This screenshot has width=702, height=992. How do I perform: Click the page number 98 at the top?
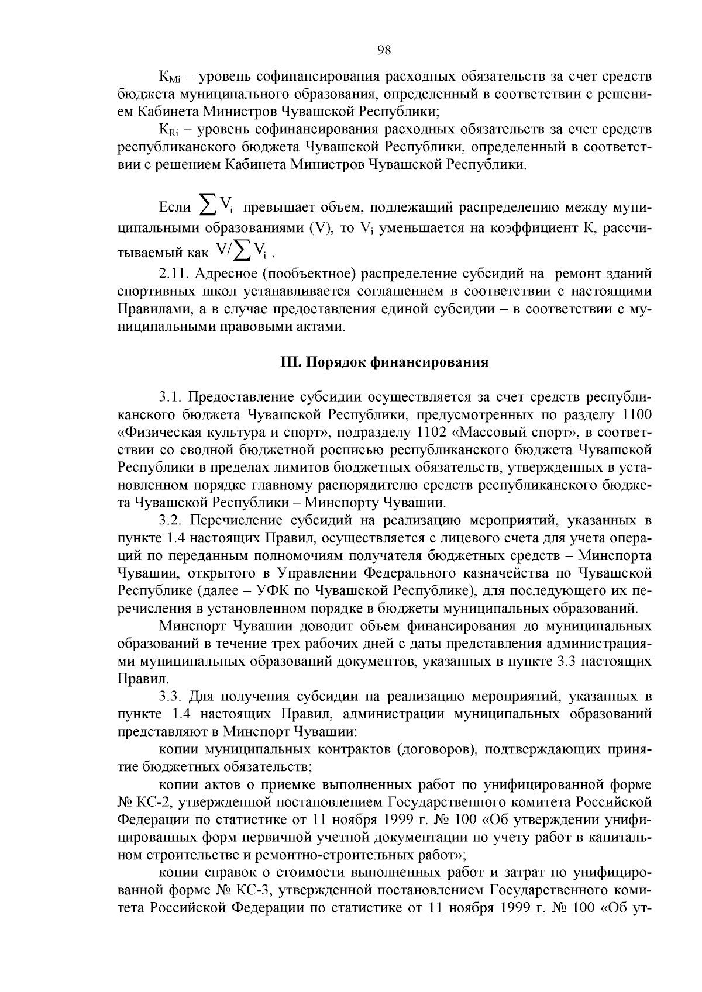pyautogui.click(x=384, y=50)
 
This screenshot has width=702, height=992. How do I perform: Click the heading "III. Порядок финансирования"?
pyautogui.click(x=383, y=362)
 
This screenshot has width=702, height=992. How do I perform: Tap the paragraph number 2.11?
pyautogui.click(x=174, y=274)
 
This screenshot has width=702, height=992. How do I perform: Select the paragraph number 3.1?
pyautogui.click(x=171, y=398)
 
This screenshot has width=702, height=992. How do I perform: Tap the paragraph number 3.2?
pyautogui.click(x=171, y=520)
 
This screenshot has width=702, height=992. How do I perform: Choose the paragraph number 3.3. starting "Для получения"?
pyautogui.click(x=172, y=697)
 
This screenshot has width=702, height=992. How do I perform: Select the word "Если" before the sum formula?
pyautogui.click(x=175, y=208)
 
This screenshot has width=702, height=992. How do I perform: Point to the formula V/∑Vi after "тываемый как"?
pyautogui.click(x=240, y=251)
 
